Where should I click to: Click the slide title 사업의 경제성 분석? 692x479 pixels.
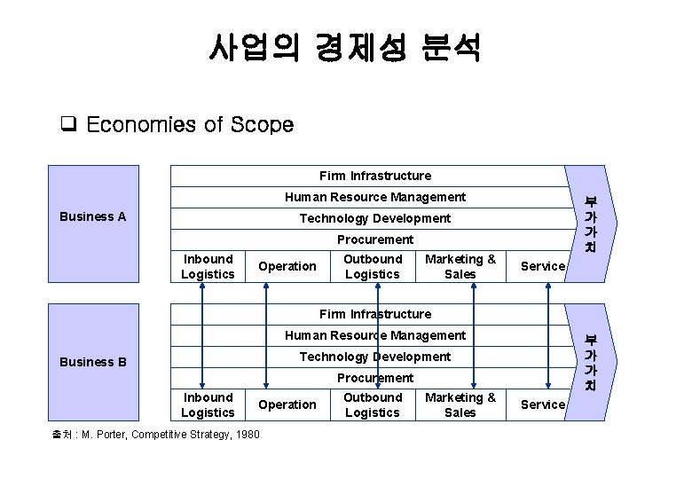pyautogui.click(x=345, y=48)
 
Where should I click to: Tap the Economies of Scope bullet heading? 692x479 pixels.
pyautogui.click(x=190, y=125)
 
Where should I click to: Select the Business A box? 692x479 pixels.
pyautogui.click(x=93, y=216)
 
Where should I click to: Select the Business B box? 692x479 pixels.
pyautogui.click(x=93, y=362)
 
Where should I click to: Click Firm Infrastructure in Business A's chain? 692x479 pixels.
pyautogui.click(x=375, y=176)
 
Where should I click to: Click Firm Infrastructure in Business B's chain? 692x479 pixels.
pyautogui.click(x=375, y=314)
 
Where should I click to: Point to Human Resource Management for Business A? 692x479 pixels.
pyautogui.click(x=375, y=197)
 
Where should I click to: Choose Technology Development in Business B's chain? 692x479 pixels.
pyautogui.click(x=375, y=357)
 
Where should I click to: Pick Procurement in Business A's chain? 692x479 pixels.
pyautogui.click(x=375, y=239)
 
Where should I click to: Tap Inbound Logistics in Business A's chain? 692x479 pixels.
pyautogui.click(x=208, y=266)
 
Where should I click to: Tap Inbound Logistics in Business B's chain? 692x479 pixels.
pyautogui.click(x=208, y=404)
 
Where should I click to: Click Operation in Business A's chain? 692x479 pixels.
pyautogui.click(x=287, y=266)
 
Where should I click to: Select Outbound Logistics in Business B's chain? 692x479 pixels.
pyautogui.click(x=373, y=404)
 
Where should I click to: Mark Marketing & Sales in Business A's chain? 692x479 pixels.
pyautogui.click(x=460, y=266)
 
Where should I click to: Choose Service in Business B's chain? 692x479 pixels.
pyautogui.click(x=542, y=404)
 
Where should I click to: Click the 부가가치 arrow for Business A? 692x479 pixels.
pyautogui.click(x=589, y=222)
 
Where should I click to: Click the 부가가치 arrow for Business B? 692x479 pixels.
pyautogui.click(x=589, y=361)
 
